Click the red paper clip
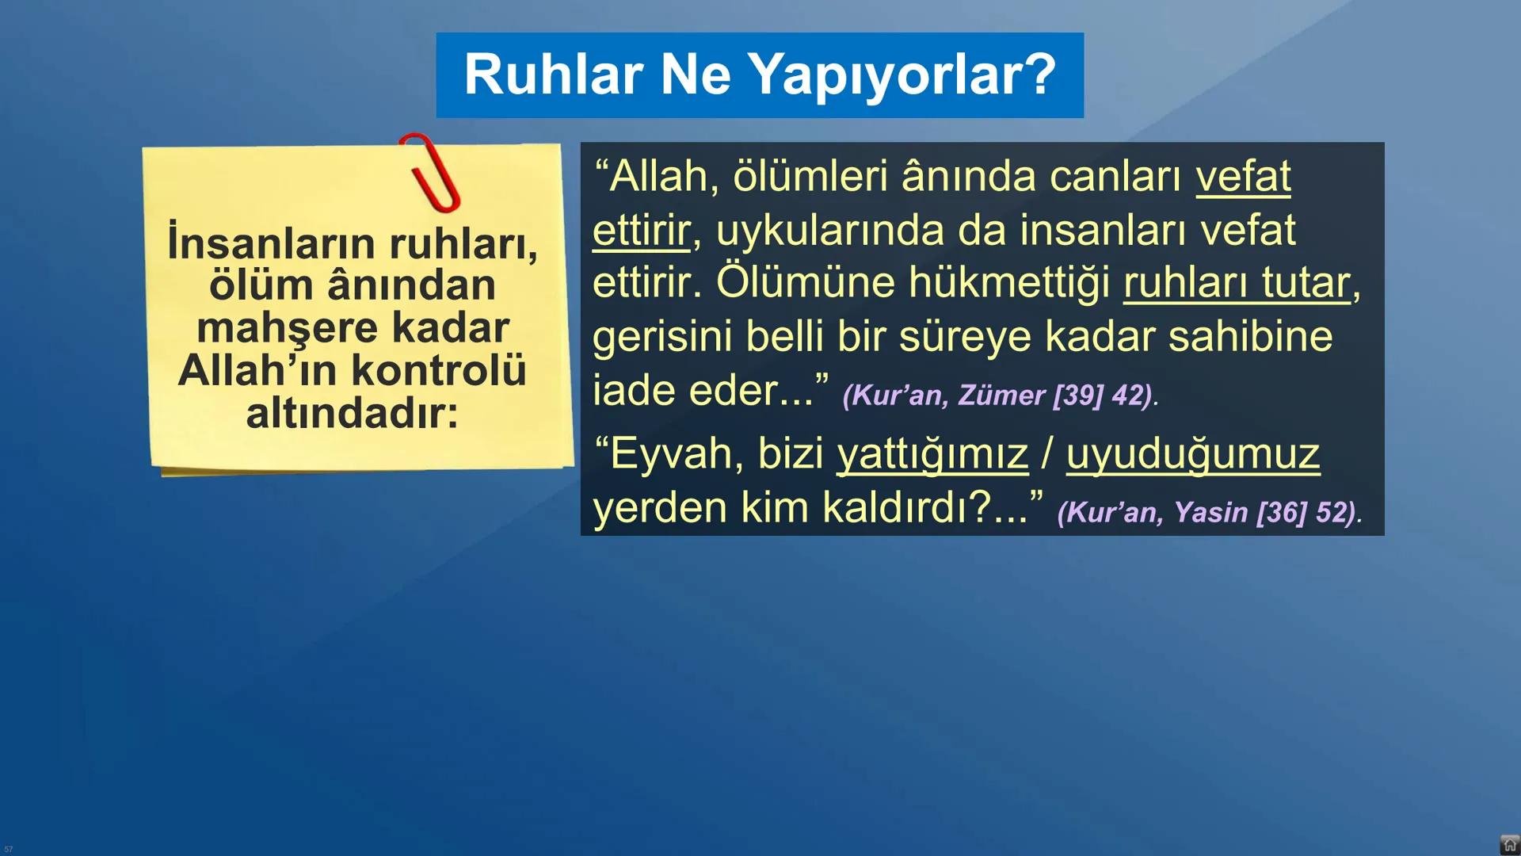pos(430,173)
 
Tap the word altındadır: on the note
pos(352,413)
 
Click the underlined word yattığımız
pos(932,454)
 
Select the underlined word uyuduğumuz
pos(1192,454)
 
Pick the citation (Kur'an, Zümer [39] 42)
pos(1000,395)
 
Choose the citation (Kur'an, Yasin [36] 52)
pos(1209,512)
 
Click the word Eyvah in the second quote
pos(677,454)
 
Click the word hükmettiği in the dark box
pos(1008,283)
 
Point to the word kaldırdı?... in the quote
pos(925,508)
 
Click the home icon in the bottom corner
pos(1509,845)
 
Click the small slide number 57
pos(9,849)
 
